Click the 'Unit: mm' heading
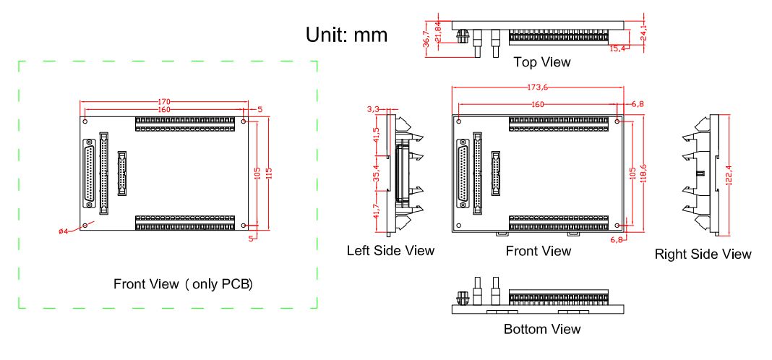point(347,35)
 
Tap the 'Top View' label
point(542,62)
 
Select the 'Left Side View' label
point(390,250)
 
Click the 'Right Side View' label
point(703,254)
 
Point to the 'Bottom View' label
point(542,329)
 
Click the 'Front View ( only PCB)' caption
point(183,284)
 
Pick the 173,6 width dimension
point(537,87)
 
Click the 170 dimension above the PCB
point(164,102)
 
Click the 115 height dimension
point(269,173)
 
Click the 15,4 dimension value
point(617,48)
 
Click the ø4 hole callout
point(64,231)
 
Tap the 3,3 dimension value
point(373,109)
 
